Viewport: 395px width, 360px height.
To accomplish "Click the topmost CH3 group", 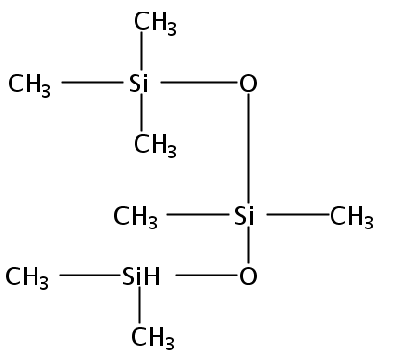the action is point(155,23).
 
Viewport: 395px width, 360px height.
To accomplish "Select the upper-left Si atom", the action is point(138,84).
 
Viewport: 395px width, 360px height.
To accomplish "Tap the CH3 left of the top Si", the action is point(29,85).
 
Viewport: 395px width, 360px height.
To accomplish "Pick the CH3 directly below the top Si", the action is point(155,146).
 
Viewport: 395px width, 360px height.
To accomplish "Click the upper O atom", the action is point(248,84).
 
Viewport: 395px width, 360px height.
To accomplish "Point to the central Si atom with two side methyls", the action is point(244,215).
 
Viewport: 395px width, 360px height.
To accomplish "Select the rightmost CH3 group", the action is point(352,218).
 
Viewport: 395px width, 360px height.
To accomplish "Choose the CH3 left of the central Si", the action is point(136,218).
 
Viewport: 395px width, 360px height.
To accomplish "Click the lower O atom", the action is point(248,276).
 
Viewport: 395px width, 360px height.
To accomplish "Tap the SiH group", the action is point(140,276).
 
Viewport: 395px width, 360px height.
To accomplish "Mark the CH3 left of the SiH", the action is point(27,278).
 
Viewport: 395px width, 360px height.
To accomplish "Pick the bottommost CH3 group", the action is point(153,339).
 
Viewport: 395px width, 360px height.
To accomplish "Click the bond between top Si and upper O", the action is point(199,83).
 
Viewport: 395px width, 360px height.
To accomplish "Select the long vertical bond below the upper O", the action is point(248,148).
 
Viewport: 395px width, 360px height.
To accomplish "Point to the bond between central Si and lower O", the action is point(248,244).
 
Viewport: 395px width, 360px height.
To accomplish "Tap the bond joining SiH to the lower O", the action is point(207,275).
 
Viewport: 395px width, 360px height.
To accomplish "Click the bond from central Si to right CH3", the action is point(299,214).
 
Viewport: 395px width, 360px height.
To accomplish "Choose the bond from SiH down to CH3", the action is point(139,304).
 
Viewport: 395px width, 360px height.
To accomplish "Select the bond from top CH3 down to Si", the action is point(142,51).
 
